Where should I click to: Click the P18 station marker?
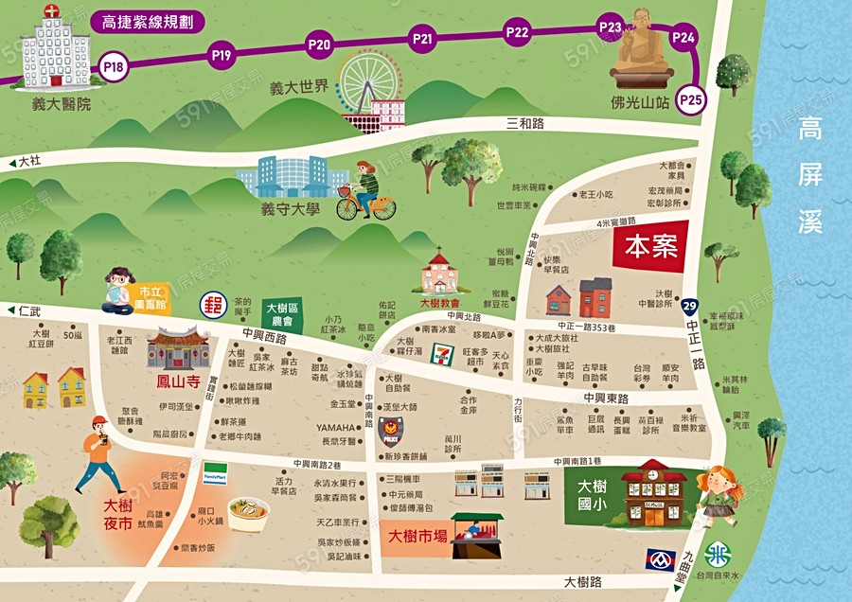(x=114, y=67)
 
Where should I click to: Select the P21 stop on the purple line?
(x=422, y=39)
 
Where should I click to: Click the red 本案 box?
(x=650, y=247)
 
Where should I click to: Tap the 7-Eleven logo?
(x=442, y=356)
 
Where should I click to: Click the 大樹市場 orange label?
(x=417, y=537)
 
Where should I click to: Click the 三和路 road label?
(x=526, y=123)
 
